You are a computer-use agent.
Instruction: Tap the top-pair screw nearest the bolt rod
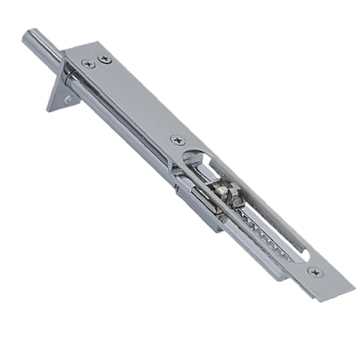click(x=86, y=63)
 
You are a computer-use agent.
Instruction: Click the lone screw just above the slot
click(x=178, y=140)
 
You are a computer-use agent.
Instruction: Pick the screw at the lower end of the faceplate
click(x=315, y=272)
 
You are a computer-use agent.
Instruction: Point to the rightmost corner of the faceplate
click(x=354, y=286)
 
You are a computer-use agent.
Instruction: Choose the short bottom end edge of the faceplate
click(x=332, y=294)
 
